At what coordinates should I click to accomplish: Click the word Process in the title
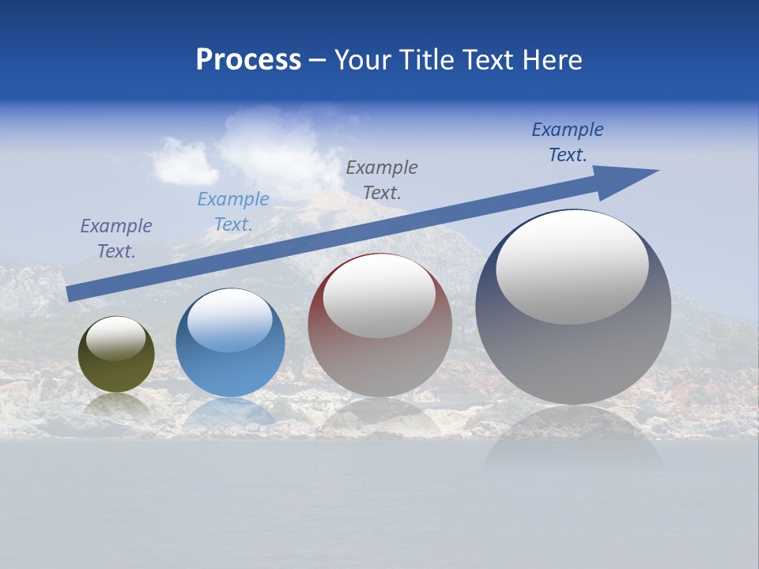pos(248,60)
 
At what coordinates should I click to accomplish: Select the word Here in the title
pos(550,60)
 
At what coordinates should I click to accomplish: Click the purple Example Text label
pos(116,239)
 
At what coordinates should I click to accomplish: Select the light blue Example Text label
pos(233,212)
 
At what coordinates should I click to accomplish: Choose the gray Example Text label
pos(382,179)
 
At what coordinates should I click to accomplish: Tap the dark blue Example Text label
pos(568,142)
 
